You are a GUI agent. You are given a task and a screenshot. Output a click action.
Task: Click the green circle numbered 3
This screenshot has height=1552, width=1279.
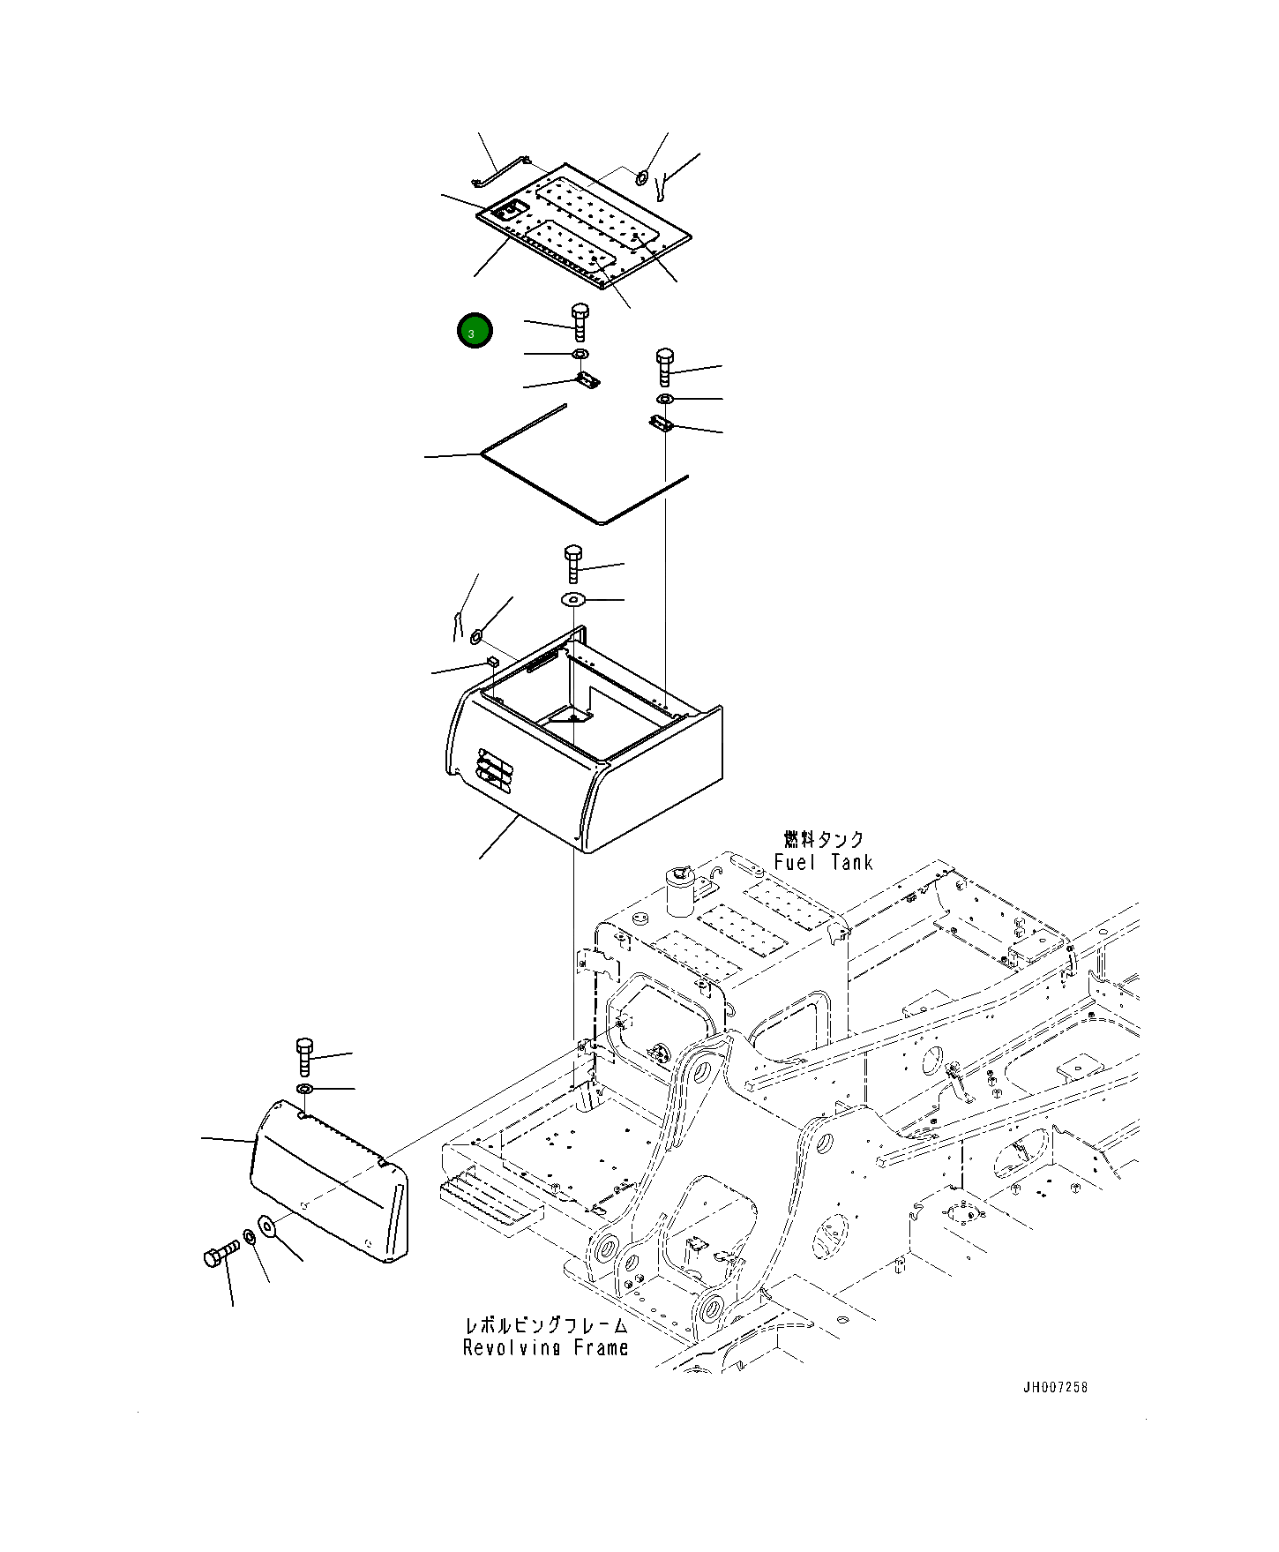pos(474,331)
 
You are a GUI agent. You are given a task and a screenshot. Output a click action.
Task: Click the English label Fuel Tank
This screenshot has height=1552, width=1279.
pos(823,862)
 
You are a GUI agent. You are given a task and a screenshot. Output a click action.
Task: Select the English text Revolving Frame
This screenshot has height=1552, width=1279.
pos(545,1347)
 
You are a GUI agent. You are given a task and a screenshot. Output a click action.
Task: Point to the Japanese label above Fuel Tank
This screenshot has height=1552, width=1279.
pos(824,838)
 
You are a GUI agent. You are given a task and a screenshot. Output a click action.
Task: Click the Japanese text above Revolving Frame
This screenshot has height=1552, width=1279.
pos(546,1325)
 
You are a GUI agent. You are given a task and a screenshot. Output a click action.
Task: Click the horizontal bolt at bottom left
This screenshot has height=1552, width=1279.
pos(220,1253)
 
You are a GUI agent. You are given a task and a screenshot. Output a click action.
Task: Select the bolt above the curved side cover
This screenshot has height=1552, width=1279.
pos(304,1057)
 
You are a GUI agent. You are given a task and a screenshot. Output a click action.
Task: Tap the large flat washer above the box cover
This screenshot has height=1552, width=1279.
pos(573,600)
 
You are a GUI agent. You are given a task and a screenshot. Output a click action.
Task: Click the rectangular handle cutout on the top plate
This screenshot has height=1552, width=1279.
pos(509,211)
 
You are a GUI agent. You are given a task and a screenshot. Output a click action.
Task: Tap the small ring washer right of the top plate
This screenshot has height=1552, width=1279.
pos(643,179)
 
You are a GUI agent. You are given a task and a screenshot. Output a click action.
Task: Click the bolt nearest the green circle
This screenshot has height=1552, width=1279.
pos(580,322)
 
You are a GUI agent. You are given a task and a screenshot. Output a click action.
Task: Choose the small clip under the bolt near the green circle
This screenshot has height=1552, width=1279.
pos(587,380)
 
